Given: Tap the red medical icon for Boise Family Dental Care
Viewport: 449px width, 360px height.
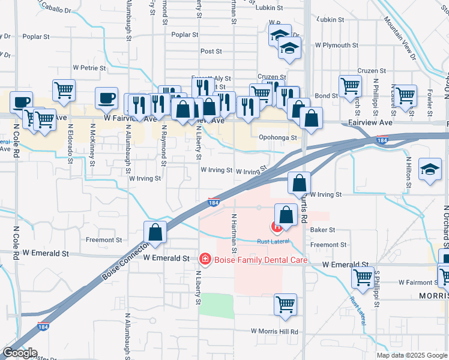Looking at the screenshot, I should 204,259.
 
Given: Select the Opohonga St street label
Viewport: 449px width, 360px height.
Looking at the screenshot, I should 278,137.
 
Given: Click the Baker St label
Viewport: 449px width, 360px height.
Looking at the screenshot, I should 322,230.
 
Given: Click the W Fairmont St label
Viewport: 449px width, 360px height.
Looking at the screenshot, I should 411,281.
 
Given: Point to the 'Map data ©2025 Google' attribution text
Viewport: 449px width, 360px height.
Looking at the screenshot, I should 412,355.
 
